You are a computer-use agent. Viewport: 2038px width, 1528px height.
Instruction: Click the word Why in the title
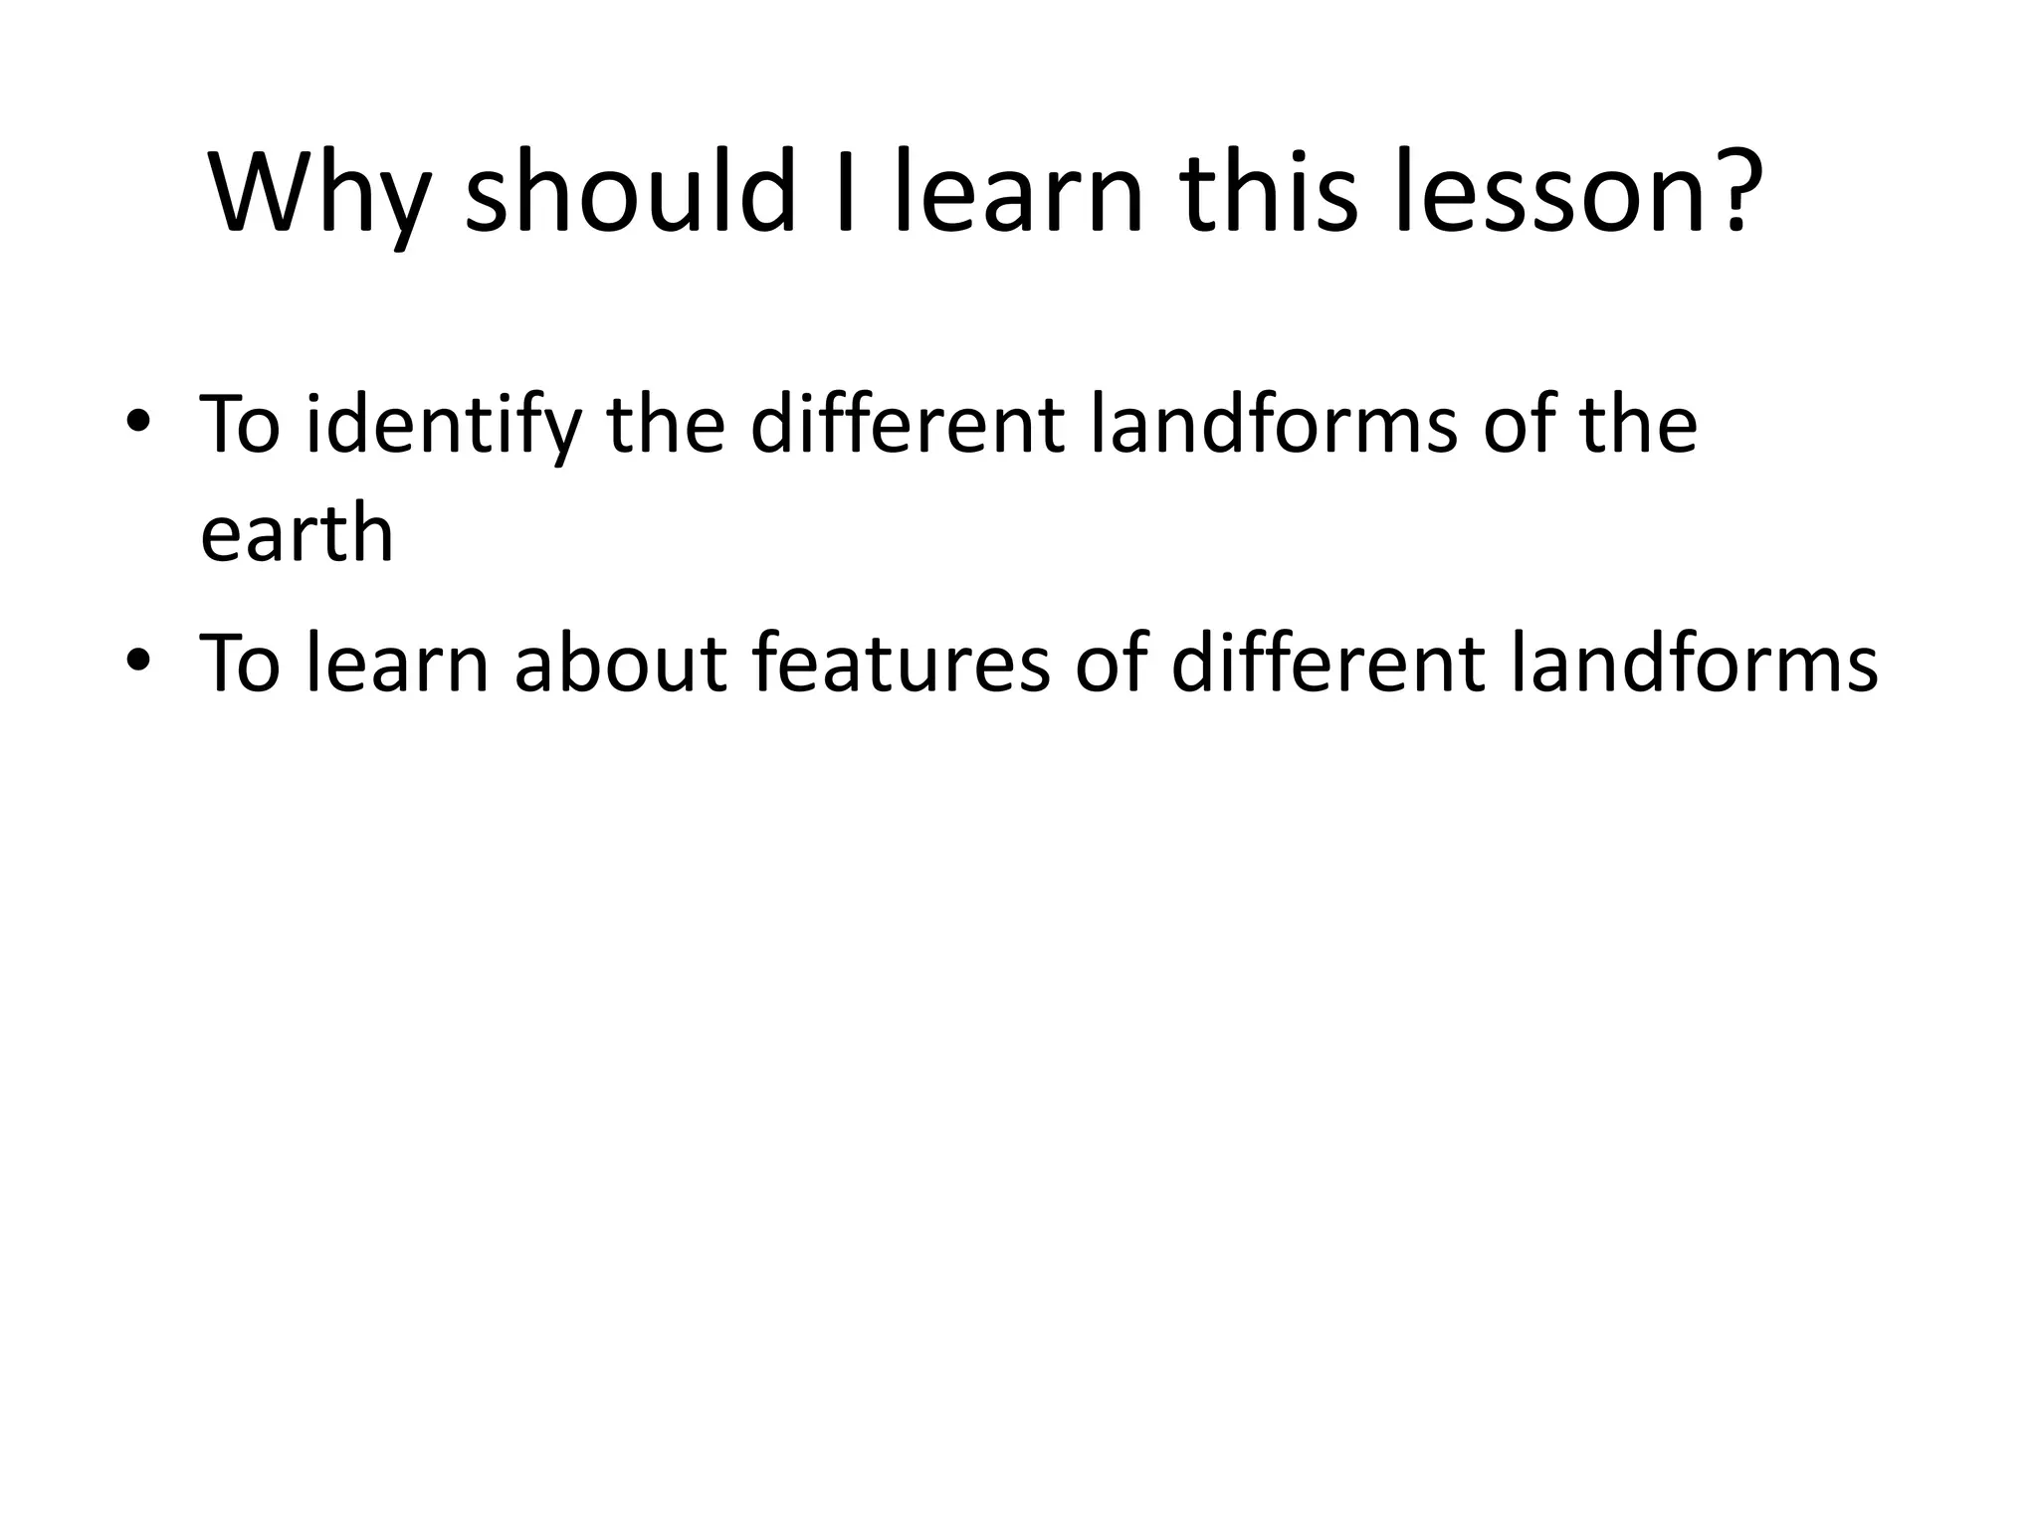pyautogui.click(x=318, y=193)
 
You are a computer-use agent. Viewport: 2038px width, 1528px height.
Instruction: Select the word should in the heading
pyautogui.click(x=631, y=193)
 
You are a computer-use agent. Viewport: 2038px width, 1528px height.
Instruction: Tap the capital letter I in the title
pyautogui.click(x=845, y=193)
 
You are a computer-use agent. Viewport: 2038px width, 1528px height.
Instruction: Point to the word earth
pyautogui.click(x=297, y=534)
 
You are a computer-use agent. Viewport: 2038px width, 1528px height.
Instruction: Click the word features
pyautogui.click(x=901, y=663)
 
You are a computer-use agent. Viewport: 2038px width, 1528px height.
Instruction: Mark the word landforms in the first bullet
pyautogui.click(x=1274, y=424)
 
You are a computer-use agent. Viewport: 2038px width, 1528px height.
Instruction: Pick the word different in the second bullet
pyautogui.click(x=1327, y=663)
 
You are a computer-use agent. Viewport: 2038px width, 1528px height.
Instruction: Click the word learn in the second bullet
pyautogui.click(x=397, y=663)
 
